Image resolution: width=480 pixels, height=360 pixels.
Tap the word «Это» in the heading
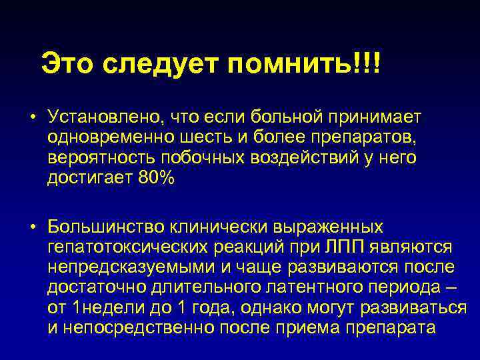click(x=64, y=65)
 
